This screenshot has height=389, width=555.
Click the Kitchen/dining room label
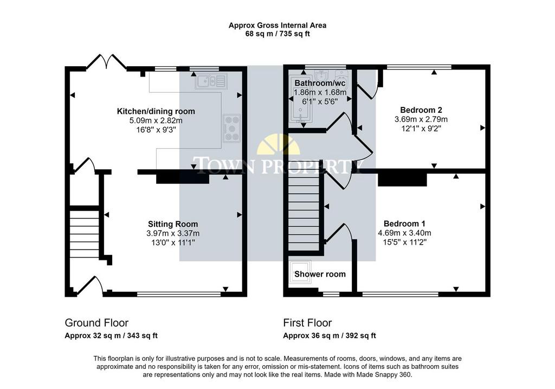[156, 111]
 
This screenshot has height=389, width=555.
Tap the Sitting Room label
[173, 224]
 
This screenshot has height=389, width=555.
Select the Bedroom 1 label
[404, 224]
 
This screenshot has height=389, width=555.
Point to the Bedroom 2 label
[421, 110]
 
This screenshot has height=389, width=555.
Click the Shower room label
[320, 274]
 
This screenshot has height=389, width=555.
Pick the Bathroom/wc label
[320, 83]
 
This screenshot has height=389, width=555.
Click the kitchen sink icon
[211, 81]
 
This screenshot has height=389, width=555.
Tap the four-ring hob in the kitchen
[231, 128]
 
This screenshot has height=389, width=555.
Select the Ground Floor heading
[96, 323]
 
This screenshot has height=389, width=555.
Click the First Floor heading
[307, 323]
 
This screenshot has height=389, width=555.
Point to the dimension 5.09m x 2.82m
[156, 120]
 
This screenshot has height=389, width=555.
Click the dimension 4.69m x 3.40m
[404, 233]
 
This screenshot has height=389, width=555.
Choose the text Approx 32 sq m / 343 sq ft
[111, 335]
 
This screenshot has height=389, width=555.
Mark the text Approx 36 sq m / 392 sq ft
[330, 335]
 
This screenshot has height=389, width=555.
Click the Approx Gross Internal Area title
[277, 25]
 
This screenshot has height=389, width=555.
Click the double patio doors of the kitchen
[106, 61]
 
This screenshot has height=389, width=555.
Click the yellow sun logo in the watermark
[278, 144]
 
